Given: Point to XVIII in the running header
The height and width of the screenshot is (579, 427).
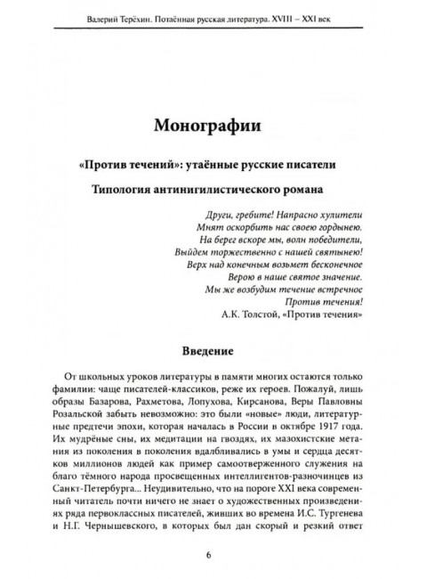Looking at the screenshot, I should tap(318, 16).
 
